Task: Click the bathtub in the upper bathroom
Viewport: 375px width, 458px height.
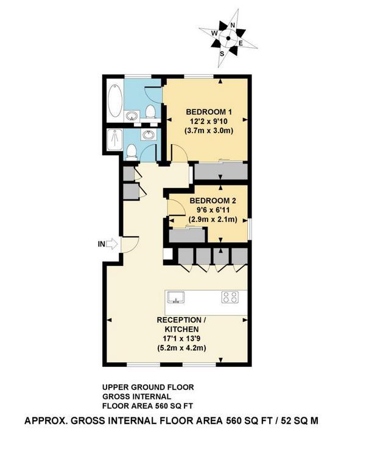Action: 115,100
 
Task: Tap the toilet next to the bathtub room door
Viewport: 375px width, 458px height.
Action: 150,112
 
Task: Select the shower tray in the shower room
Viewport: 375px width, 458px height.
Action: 114,140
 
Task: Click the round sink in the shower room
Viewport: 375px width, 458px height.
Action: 148,134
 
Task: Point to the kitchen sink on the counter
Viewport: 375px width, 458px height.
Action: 176,297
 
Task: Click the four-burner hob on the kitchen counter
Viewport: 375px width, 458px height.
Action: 230,297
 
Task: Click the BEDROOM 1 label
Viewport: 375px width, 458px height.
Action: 209,111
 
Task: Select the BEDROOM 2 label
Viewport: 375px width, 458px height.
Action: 212,201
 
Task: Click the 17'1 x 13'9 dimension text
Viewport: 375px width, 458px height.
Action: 181,339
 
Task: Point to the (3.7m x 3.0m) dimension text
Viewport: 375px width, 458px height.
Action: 209,131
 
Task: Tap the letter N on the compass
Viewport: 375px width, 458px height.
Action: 233,26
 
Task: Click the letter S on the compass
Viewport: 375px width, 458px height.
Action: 222,54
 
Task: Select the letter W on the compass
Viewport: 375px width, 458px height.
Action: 214,33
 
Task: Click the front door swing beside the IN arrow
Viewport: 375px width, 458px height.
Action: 130,244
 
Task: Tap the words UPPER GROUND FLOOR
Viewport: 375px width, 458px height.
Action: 148,387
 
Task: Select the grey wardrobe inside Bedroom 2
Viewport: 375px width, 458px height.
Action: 187,235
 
